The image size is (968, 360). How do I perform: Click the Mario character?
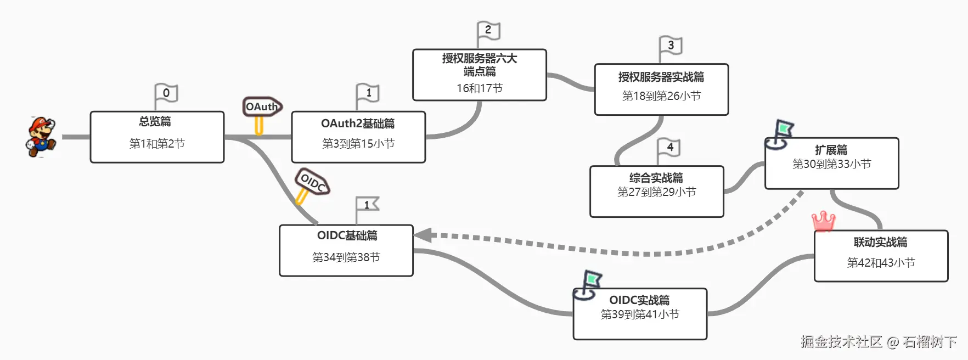(x=41, y=137)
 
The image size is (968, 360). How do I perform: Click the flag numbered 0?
(x=166, y=93)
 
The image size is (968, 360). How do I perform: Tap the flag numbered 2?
(x=488, y=31)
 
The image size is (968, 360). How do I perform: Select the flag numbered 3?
(x=670, y=46)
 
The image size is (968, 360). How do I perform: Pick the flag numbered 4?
(x=669, y=148)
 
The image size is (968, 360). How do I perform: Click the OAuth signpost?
(x=262, y=107)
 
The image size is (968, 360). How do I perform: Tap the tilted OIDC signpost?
(x=312, y=182)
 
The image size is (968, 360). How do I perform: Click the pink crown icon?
(x=823, y=221)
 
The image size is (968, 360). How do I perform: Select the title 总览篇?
(x=155, y=121)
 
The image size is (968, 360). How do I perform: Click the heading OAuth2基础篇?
(x=358, y=123)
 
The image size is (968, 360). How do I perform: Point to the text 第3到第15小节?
(x=358, y=144)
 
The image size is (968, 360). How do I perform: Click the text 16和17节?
(x=479, y=88)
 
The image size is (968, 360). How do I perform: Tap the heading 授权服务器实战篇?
(x=661, y=77)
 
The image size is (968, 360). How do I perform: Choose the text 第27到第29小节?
(x=656, y=192)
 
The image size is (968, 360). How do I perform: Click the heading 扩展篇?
(x=831, y=150)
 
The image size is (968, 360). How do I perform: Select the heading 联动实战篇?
(x=880, y=242)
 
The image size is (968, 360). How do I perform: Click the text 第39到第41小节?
(x=640, y=314)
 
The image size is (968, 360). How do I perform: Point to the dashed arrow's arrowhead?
(x=423, y=235)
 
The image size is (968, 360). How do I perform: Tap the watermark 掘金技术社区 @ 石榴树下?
(x=878, y=342)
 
